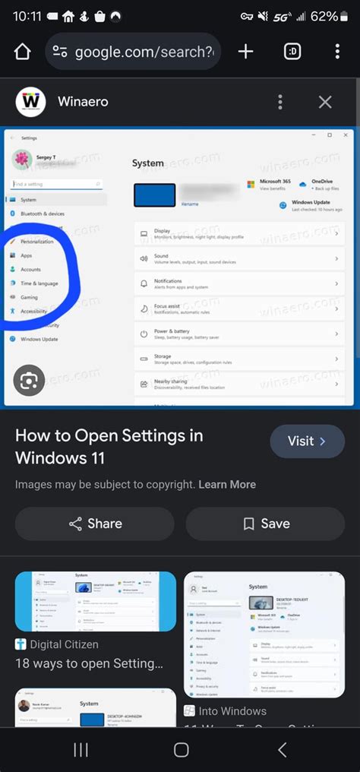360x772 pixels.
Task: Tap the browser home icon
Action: [x=22, y=52]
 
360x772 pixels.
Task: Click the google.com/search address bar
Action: [x=133, y=52]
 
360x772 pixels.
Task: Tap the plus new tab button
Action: [x=245, y=52]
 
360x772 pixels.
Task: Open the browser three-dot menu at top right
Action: [x=337, y=52]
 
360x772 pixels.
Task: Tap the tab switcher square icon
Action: [x=292, y=52]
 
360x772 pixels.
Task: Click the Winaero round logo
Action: [x=31, y=101]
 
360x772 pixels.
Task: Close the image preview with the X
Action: [x=325, y=102]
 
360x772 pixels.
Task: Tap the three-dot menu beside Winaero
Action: [x=280, y=102]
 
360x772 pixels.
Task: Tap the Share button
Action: [x=95, y=524]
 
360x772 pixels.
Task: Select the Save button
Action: [x=265, y=524]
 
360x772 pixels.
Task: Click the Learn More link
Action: [x=227, y=484]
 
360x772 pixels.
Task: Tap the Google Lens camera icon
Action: [x=29, y=381]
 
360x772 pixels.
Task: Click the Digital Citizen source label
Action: [x=65, y=644]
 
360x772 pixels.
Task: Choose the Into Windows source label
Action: [x=232, y=711]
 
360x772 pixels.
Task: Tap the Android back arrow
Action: [x=283, y=750]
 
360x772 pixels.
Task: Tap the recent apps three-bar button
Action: [x=81, y=750]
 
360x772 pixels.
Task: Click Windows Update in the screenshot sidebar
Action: [x=39, y=339]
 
